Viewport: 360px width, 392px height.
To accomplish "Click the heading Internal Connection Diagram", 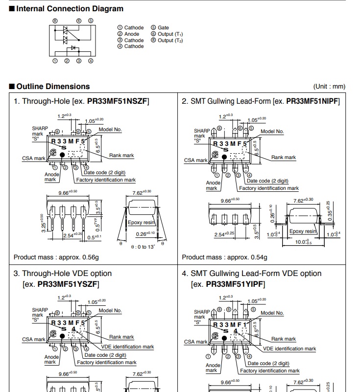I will (x=70, y=8).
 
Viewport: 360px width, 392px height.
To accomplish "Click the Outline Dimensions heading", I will (x=53, y=87).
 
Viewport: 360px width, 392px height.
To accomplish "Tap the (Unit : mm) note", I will (x=329, y=87).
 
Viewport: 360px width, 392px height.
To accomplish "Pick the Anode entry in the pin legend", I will (x=132, y=34).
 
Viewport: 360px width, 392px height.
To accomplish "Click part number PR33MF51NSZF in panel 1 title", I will (x=118, y=101).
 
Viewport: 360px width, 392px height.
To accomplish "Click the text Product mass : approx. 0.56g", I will (x=56, y=257).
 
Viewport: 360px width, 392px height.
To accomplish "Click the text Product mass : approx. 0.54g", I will (x=225, y=257).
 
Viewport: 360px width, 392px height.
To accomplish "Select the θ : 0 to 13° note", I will (x=143, y=247).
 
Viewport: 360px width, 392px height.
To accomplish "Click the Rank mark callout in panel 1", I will (x=121, y=155).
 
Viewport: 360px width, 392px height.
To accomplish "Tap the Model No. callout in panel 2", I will (x=272, y=131).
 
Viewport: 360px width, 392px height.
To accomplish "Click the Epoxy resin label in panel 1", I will (x=142, y=222).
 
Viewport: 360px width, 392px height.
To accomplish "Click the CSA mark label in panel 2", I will (x=195, y=160).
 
